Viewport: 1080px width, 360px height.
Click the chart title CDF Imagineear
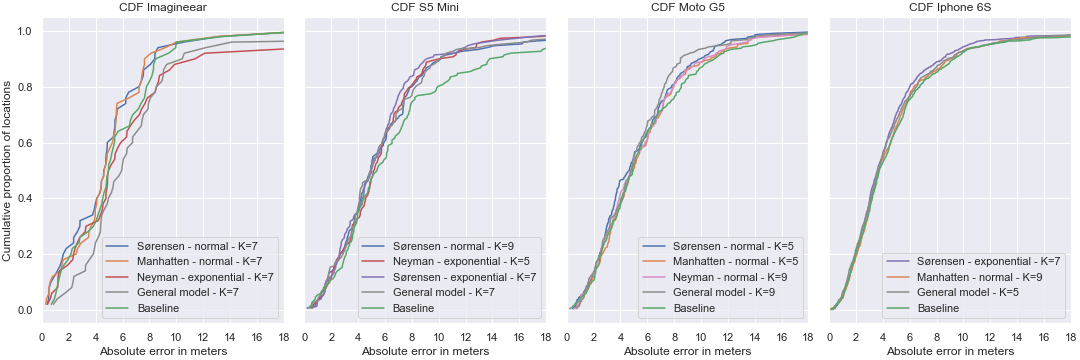[x=163, y=9]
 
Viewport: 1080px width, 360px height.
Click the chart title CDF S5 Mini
[x=426, y=9]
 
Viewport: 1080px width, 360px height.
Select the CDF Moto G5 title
[x=689, y=9]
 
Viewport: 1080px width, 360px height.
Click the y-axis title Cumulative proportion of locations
[x=7, y=170]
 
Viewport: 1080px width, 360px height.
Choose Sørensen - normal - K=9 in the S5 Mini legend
[x=450, y=245]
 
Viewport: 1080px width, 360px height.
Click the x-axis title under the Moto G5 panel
[x=688, y=351]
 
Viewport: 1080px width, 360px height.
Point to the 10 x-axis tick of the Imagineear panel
[x=175, y=336]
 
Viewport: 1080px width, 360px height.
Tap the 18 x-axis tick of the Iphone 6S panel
[x=1071, y=336]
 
